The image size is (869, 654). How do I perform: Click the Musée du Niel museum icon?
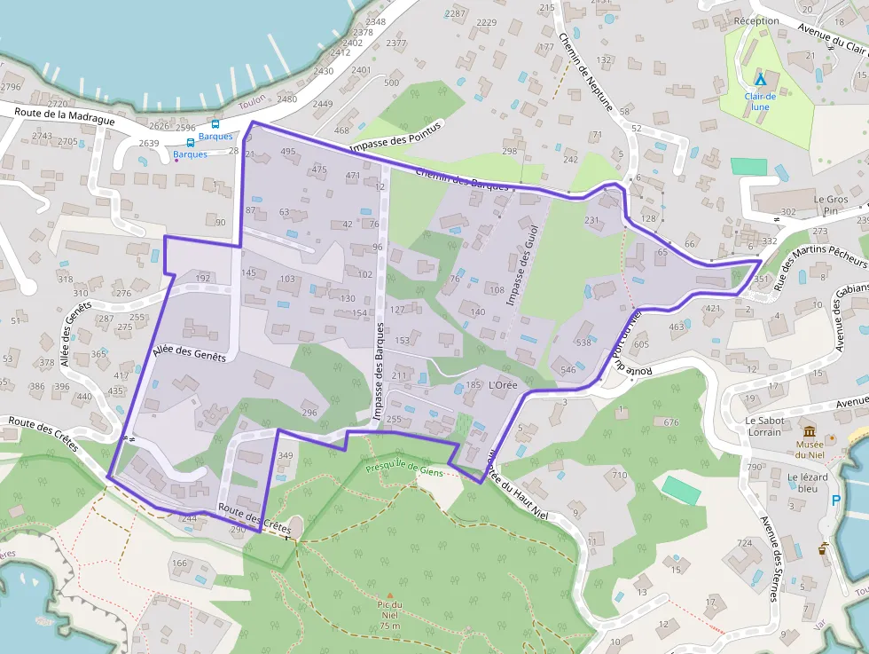click(810, 430)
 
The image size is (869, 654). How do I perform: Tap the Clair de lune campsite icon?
click(760, 80)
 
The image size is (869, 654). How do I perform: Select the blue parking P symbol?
click(836, 500)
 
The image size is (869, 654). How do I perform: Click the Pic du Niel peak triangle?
click(388, 595)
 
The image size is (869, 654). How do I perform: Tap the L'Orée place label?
click(503, 385)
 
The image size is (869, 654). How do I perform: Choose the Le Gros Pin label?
click(831, 205)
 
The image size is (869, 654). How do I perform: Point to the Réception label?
click(756, 20)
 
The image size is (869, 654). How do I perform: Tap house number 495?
click(287, 152)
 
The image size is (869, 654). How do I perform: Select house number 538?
click(583, 342)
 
